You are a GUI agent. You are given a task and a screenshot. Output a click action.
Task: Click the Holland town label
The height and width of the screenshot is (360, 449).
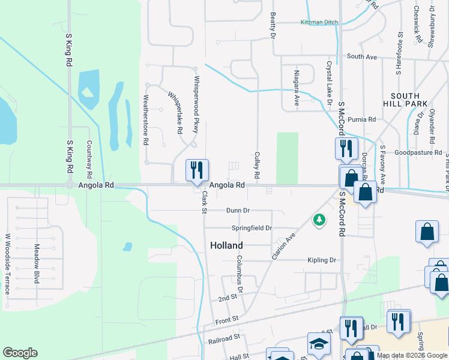[x=226, y=245]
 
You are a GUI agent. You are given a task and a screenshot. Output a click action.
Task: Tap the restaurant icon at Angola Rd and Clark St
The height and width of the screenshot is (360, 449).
[x=197, y=170]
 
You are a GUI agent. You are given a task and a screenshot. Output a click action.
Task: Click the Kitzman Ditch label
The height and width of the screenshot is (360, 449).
[x=319, y=23]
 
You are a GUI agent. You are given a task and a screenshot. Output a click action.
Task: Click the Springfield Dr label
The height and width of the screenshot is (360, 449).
[x=252, y=228]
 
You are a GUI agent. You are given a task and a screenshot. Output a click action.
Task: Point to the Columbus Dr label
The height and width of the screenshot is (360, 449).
[x=239, y=274]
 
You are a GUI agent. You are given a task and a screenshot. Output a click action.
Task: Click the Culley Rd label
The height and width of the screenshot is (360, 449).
[x=257, y=165]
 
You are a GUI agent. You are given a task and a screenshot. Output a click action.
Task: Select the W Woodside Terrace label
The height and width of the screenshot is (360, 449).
[x=8, y=264]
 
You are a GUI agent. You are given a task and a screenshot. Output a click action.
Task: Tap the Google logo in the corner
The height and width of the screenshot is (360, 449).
[x=20, y=353]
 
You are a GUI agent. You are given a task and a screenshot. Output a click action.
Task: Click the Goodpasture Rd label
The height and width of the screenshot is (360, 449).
[x=418, y=153]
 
